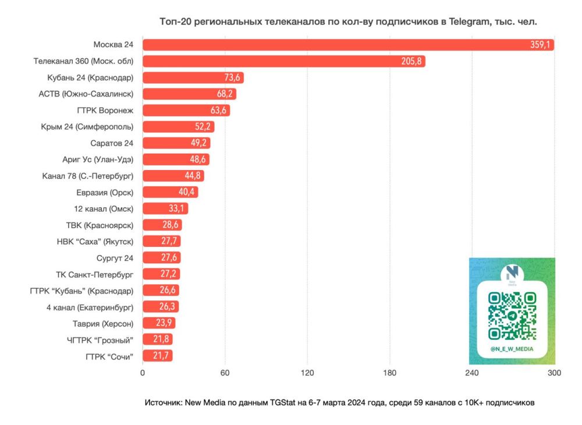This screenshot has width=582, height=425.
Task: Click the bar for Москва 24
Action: (348, 45)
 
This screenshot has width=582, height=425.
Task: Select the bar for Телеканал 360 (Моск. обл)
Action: (283, 61)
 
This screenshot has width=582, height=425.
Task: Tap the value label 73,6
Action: (233, 77)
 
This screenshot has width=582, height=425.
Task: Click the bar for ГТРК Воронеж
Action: (186, 110)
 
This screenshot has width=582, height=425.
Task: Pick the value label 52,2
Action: (204, 126)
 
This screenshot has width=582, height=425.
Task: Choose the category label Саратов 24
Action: (112, 143)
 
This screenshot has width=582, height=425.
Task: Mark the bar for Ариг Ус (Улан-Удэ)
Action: (176, 159)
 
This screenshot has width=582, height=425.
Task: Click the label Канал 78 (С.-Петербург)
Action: (88, 175)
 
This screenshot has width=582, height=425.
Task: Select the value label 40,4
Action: (188, 192)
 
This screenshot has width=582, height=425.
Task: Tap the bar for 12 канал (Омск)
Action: (165, 208)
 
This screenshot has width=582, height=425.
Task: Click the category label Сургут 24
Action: (115, 257)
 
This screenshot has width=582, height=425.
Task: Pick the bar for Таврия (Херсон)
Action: (159, 323)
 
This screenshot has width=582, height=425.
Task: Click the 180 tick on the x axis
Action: (389, 373)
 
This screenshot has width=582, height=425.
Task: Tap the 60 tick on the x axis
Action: (225, 373)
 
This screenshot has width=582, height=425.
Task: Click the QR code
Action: (512, 316)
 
